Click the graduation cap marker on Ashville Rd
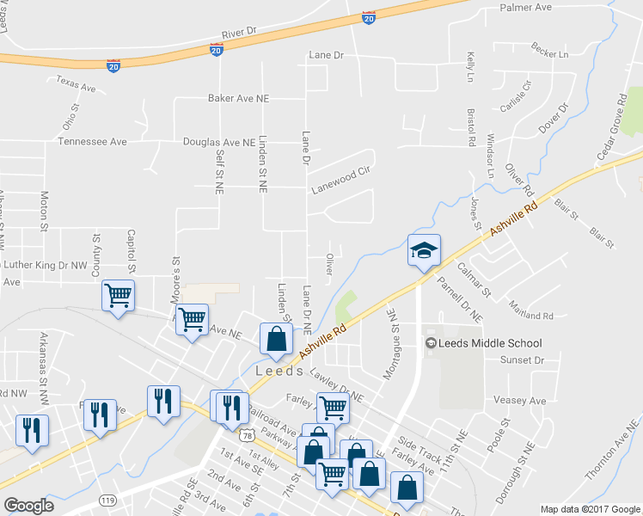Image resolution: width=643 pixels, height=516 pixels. (x=424, y=251)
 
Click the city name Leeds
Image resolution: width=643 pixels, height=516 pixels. (x=280, y=371)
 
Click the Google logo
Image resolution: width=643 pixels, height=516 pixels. (x=28, y=506)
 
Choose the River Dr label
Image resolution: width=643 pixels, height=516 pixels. (x=239, y=33)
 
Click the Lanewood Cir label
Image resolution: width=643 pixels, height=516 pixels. (x=341, y=171)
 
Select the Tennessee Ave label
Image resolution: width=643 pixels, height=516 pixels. (x=92, y=142)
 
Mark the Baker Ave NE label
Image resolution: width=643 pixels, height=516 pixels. (x=238, y=99)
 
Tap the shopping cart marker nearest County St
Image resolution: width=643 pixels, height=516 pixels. (x=118, y=296)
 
